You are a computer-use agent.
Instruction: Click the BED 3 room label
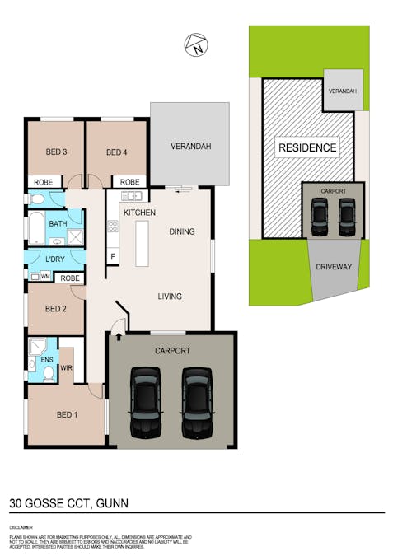pos(56,152)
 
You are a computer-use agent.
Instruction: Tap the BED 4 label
pos(117,152)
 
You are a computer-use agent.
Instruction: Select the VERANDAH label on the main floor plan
pos(191,147)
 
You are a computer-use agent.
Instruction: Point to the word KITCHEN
pos(139,213)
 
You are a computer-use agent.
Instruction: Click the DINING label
pos(182,231)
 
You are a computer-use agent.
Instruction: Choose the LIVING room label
pos(170,297)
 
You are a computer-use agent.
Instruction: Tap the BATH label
pos(58,224)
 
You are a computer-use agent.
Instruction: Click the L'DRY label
pos(56,260)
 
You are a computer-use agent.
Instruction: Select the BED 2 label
pos(55,309)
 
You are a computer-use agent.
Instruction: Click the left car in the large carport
pos(146,404)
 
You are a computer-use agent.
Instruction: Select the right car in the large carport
pos(198,404)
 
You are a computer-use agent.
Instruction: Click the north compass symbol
pos(196,46)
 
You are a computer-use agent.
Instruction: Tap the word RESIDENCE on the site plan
pos(307,148)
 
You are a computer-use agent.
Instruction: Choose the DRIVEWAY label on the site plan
pos(334,267)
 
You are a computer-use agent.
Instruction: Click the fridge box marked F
pos(113,256)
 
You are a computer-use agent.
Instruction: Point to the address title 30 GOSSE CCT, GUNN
pos(69,502)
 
